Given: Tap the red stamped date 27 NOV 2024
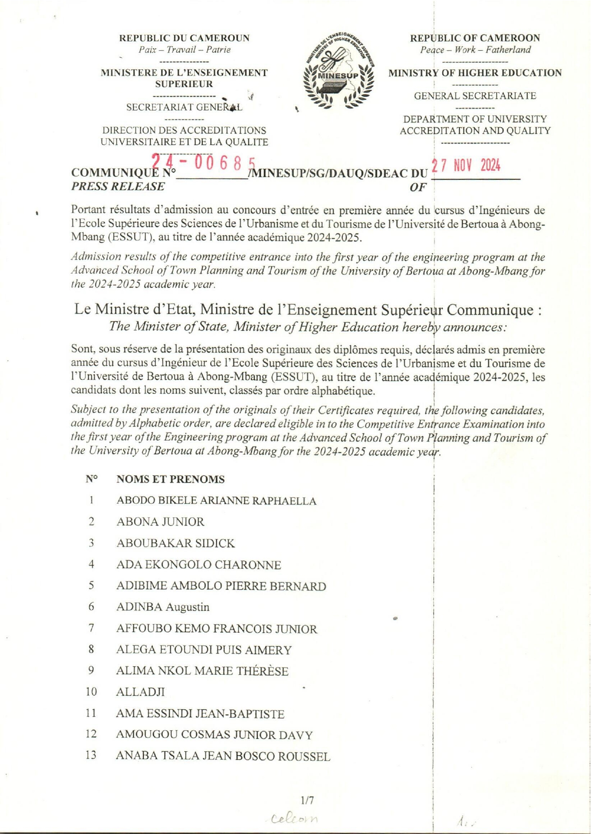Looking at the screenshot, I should pyautogui.click(x=466, y=166).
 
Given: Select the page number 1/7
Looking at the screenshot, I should pyautogui.click(x=307, y=800).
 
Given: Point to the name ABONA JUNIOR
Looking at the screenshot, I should pyautogui.click(x=160, y=522).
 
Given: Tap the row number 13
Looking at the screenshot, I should pyautogui.click(x=91, y=755).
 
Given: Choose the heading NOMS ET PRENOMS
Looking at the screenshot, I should pyautogui.click(x=170, y=479).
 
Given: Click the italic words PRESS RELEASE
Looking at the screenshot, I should pyautogui.click(x=118, y=186).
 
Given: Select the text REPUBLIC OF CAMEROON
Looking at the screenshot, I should pyautogui.click(x=475, y=38).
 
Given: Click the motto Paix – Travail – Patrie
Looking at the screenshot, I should pyautogui.click(x=185, y=50).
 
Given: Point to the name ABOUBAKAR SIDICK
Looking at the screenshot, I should pyautogui.click(x=175, y=543).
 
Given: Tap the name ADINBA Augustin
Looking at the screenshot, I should pyautogui.click(x=163, y=607).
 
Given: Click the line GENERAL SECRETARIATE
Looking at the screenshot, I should pyautogui.click(x=475, y=96).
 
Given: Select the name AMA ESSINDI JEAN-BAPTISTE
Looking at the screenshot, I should pyautogui.click(x=200, y=714).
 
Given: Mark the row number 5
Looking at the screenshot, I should pyautogui.click(x=91, y=585).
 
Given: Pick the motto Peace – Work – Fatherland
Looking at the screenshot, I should pyautogui.click(x=475, y=50).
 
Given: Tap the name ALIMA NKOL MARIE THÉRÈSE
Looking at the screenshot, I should pyautogui.click(x=202, y=671).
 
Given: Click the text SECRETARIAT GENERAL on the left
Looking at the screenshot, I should pyautogui.click(x=184, y=107).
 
